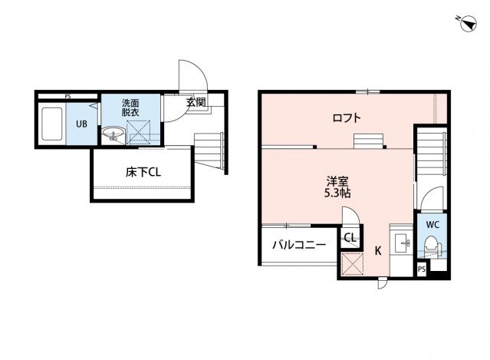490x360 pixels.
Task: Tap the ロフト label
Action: pos(347,118)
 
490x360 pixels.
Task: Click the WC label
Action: pos(432,225)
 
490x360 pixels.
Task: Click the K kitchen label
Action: pos(377,249)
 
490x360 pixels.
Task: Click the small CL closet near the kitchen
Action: pos(349,238)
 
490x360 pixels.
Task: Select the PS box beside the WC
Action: pos(422,269)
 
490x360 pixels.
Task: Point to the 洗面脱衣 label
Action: pos(130,107)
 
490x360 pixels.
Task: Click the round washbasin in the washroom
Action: pos(114,137)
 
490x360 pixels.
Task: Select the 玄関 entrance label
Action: pos(195,101)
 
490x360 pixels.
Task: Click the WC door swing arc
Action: pos(432,199)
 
